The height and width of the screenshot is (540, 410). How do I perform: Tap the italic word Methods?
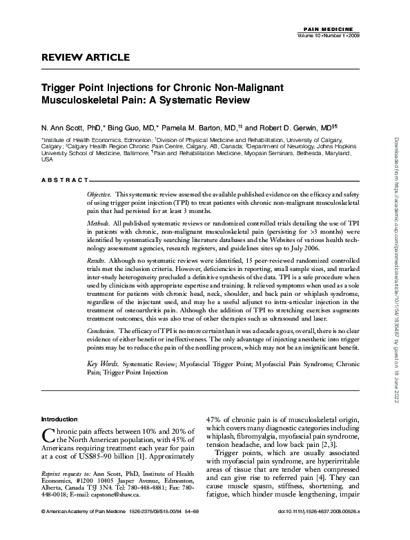(98, 224)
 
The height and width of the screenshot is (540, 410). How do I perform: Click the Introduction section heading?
(59, 419)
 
